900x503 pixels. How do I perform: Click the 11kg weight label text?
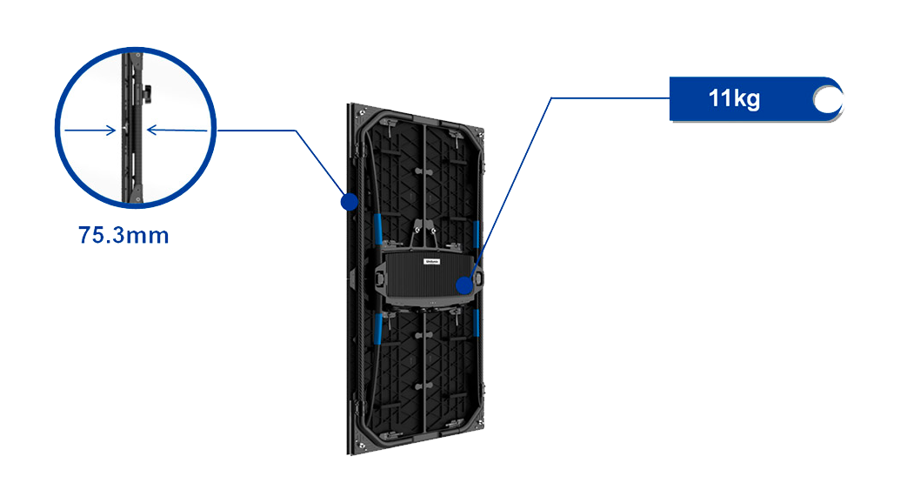pyautogui.click(x=734, y=98)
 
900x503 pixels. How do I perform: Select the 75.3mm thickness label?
pyautogui.click(x=123, y=236)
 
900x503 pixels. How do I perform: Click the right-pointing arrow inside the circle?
pyautogui.click(x=90, y=131)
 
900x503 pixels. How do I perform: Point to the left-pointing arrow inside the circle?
pyautogui.click(x=177, y=131)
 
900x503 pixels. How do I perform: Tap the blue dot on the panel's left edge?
pyautogui.click(x=349, y=202)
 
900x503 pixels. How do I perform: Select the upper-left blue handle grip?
pyautogui.click(x=378, y=229)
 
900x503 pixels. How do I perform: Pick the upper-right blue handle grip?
pyautogui.click(x=476, y=234)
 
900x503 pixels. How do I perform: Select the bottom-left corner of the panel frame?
pyautogui.click(x=351, y=451)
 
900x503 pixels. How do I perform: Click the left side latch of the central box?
pyautogui.click(x=379, y=278)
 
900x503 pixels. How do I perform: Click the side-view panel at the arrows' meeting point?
pyautogui.click(x=131, y=131)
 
